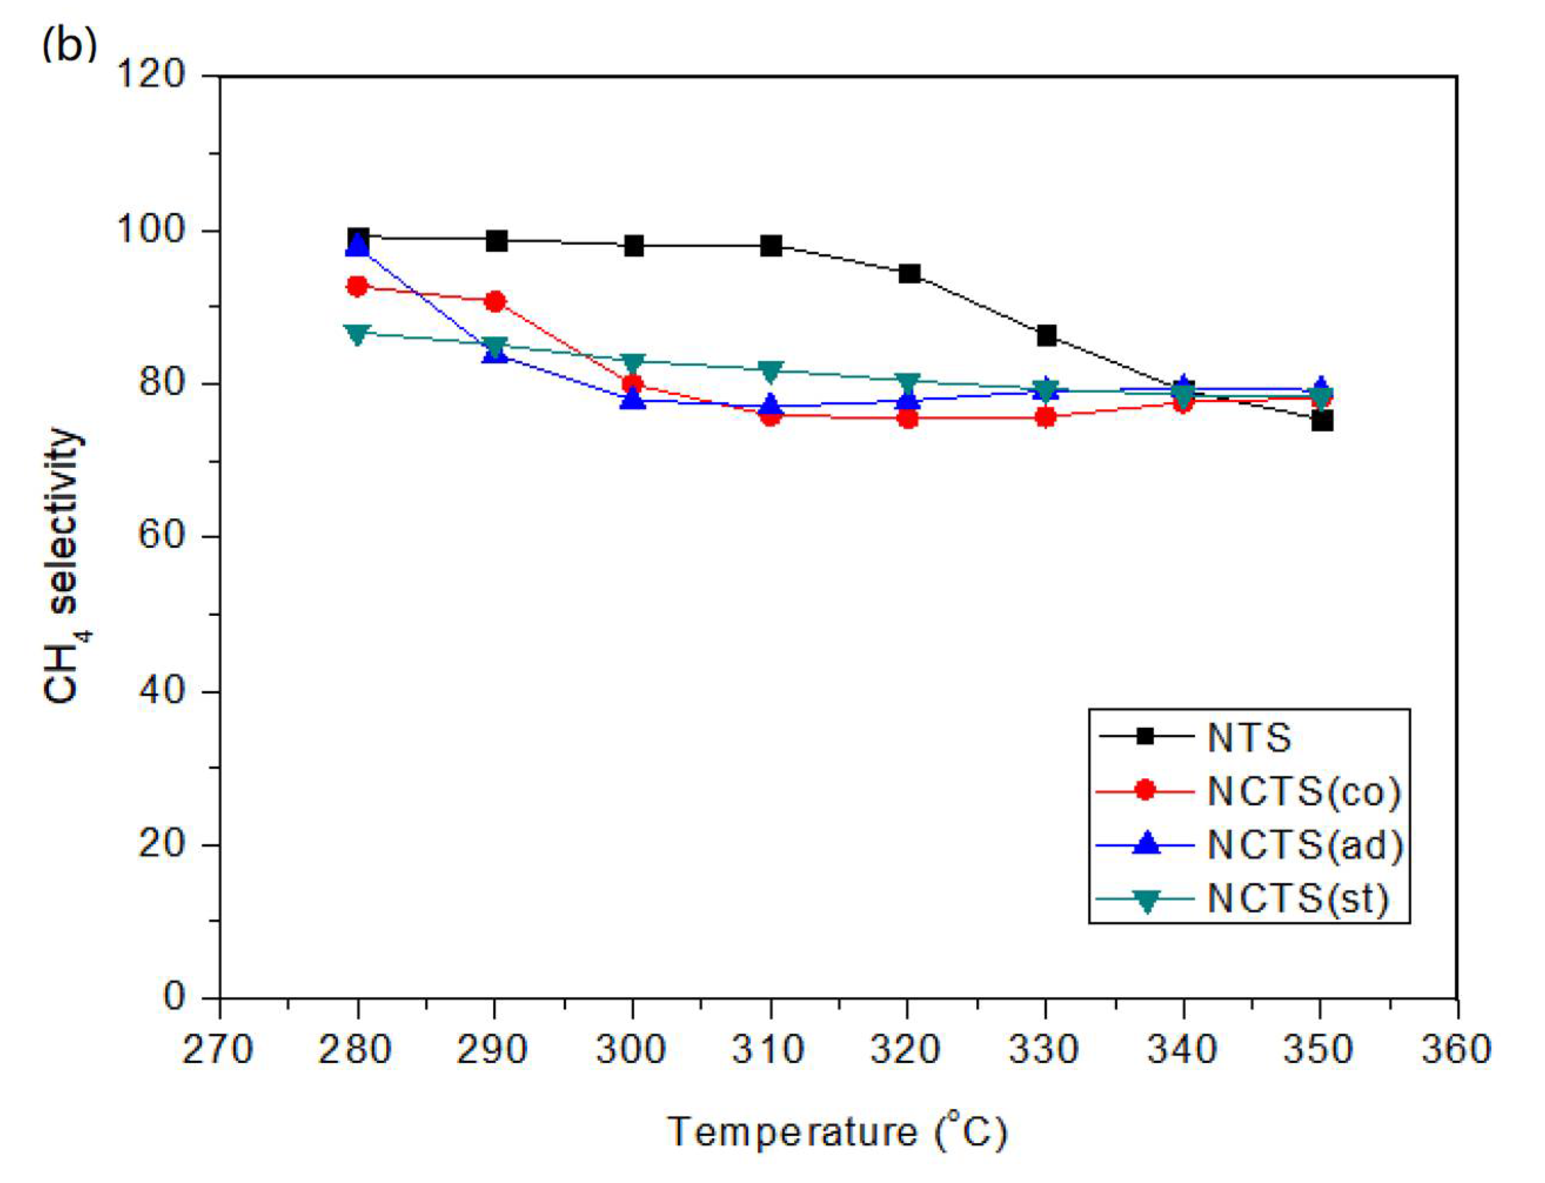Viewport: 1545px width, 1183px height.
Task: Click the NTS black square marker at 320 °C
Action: tap(909, 273)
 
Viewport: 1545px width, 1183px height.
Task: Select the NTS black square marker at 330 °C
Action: tap(1047, 335)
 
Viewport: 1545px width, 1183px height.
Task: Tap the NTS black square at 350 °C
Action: tap(1322, 421)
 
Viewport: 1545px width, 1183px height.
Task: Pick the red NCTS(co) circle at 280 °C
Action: tap(358, 286)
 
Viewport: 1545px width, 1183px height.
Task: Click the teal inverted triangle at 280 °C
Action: tap(358, 334)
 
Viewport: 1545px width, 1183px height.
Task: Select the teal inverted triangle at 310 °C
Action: tap(771, 370)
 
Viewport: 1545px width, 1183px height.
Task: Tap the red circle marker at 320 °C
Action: tap(909, 419)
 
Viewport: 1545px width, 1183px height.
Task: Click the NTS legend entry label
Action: tap(1249, 738)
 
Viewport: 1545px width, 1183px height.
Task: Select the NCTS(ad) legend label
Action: tap(1305, 845)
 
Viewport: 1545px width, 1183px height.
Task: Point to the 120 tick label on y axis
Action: tap(150, 73)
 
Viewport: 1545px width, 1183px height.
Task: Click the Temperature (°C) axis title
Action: tap(837, 1133)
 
